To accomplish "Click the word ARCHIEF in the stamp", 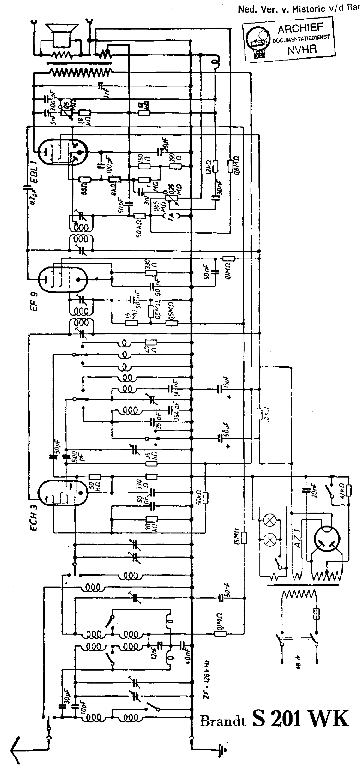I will pyautogui.click(x=300, y=29).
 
